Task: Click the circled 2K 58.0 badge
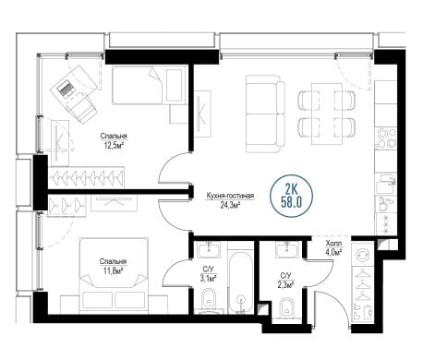[x=291, y=196]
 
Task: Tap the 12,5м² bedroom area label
[x=114, y=145]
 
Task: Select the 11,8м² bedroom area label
[x=114, y=270]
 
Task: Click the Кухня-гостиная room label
[x=230, y=196]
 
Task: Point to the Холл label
[x=333, y=244]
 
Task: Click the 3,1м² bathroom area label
[x=209, y=278]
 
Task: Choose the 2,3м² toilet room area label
[x=286, y=285]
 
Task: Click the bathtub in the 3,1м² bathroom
[x=241, y=282]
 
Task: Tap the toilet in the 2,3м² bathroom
[x=286, y=306]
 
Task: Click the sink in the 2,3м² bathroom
[x=287, y=249]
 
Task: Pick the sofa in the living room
[x=265, y=114]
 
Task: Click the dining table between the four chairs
[x=327, y=114]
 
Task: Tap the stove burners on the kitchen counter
[x=386, y=138]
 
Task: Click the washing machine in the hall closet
[x=362, y=255]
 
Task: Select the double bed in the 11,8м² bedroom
[x=114, y=274]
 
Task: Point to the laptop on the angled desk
[x=66, y=89]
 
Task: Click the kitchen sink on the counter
[x=386, y=184]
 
